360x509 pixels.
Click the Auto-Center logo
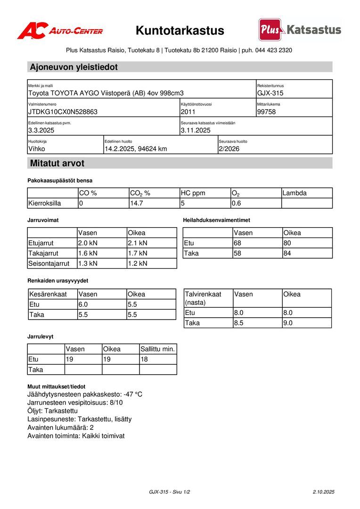60,31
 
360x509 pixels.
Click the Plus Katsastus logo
300,30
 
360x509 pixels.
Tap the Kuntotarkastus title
180,31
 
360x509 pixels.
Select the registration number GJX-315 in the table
270,93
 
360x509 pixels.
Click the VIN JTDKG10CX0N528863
63,112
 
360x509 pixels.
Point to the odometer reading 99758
267,112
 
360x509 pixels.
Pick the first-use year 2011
188,112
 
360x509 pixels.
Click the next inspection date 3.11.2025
196,131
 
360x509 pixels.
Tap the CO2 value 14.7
136,204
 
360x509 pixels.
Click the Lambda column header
295,193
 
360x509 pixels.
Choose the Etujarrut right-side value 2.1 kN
138,243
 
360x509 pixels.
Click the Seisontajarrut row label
49,263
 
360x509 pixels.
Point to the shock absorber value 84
287,254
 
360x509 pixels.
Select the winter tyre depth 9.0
288,323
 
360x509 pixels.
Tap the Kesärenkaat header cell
48,295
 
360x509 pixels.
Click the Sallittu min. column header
158,349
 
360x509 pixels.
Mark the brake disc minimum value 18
145,360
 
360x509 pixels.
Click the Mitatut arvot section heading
57,164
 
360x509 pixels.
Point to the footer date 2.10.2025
323,492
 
